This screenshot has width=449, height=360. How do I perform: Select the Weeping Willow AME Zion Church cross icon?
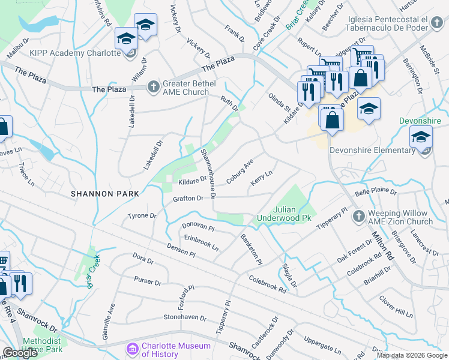[x=358, y=215]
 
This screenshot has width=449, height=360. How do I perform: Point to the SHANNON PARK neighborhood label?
[x=104, y=193]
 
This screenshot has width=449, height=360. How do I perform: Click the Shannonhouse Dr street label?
[x=208, y=172]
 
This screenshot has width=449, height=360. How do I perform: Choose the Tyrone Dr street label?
[x=142, y=215]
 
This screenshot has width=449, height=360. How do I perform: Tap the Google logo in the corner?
[x=20, y=353]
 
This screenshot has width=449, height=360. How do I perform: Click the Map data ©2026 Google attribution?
[x=411, y=355]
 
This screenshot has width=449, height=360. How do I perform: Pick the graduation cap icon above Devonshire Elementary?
[x=421, y=138]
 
